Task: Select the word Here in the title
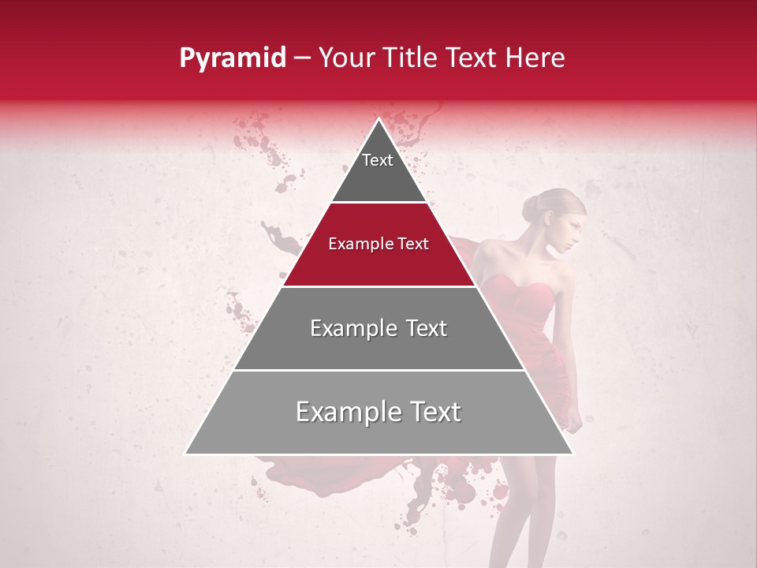pos(536,58)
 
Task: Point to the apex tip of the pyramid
pos(378,121)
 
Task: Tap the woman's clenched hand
pos(575,422)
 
